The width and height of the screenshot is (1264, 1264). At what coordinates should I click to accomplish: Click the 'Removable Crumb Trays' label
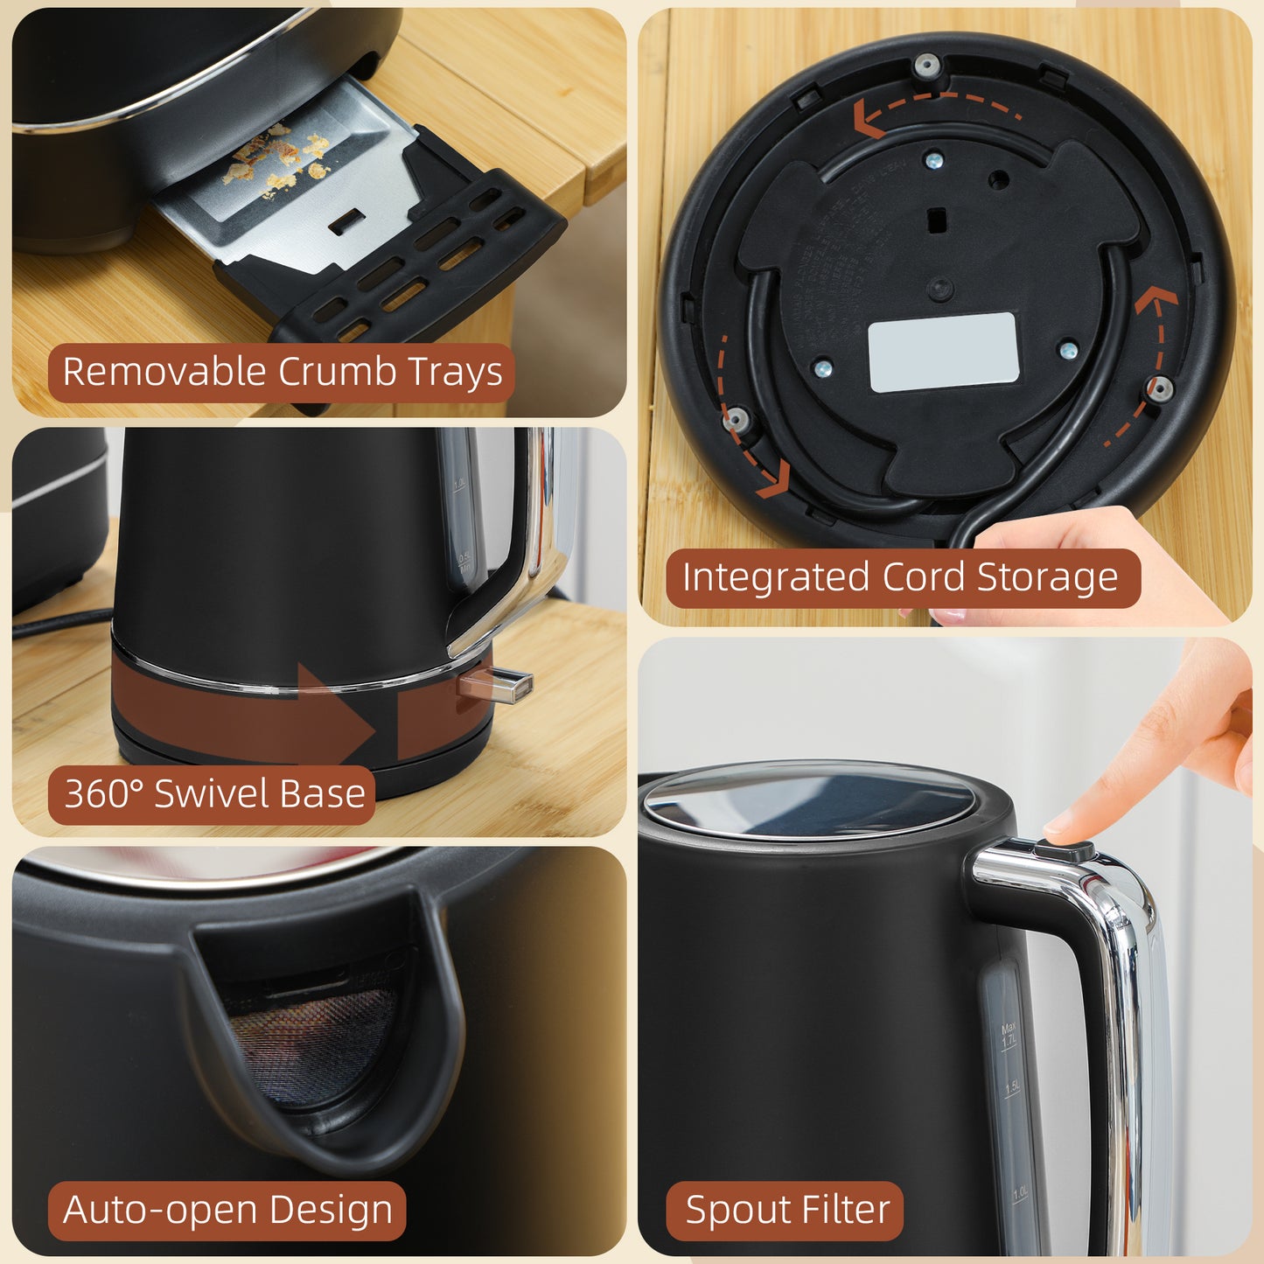click(282, 373)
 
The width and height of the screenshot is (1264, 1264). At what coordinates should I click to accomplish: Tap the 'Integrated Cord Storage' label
click(901, 578)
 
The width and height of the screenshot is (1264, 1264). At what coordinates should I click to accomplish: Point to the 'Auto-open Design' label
click(227, 1211)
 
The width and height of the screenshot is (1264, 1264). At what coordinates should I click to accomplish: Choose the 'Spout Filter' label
click(786, 1211)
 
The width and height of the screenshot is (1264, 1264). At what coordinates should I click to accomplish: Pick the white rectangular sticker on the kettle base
click(943, 352)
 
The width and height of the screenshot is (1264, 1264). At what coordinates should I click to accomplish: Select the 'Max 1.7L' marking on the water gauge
click(1009, 1035)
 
